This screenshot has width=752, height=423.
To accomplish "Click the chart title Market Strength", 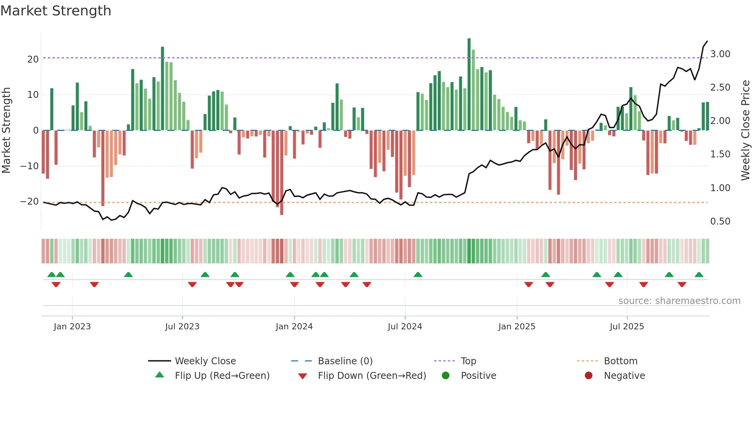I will point(56,11).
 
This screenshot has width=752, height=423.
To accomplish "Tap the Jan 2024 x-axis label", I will point(294,327).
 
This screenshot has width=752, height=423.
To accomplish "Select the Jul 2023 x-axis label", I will point(182,327).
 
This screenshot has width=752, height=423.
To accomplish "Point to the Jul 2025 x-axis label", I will point(627,327).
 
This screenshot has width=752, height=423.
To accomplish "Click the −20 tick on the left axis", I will point(30,202).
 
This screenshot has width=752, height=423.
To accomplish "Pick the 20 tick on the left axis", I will point(33,59).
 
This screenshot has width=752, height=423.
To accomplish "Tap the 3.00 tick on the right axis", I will point(720,54).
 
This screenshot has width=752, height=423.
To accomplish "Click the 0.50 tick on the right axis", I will point(720,221).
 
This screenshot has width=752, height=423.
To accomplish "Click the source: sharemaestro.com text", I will point(679,301).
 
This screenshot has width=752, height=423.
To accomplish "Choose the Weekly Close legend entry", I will point(205,361).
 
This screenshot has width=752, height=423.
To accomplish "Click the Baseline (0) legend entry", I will point(345,361).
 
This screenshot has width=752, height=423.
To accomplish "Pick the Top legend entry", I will point(468,361).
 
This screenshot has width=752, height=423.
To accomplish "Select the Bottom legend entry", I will point(620,361).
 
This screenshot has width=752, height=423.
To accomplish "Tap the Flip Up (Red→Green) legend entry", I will point(222,376).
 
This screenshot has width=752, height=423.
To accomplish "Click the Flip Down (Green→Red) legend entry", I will point(371,376).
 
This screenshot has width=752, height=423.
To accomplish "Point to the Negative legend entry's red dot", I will point(589,376).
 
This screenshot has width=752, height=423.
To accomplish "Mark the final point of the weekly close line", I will point(707,41).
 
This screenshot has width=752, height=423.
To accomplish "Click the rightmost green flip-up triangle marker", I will point(699,275).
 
